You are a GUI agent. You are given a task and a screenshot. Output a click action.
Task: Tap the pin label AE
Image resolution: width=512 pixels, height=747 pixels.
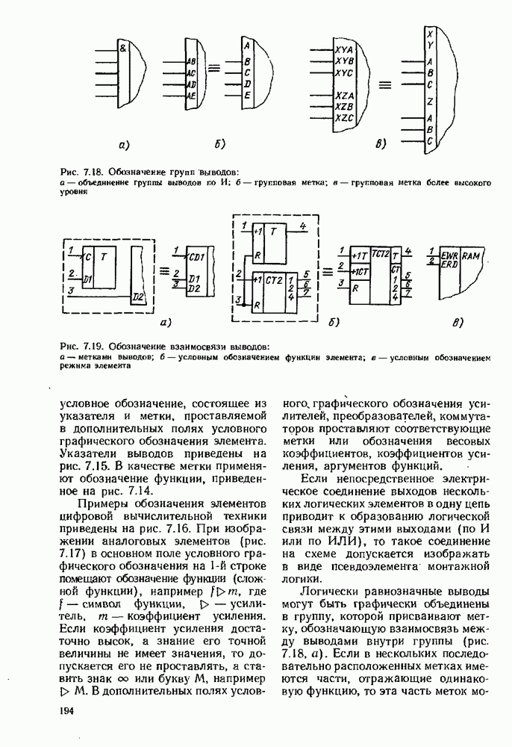pos(191,96)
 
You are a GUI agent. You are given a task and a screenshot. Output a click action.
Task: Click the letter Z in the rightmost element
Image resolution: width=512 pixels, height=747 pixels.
pos(430,100)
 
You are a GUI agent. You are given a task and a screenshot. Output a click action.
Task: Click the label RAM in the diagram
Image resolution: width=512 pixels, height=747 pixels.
pos(469,255)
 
